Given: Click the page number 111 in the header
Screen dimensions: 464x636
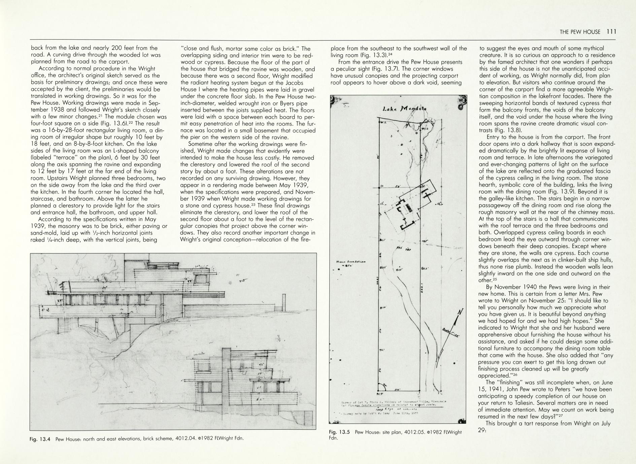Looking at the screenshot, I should [611, 32].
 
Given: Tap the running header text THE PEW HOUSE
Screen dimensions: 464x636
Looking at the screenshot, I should [580, 32].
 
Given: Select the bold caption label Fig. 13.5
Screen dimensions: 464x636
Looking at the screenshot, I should [339, 432].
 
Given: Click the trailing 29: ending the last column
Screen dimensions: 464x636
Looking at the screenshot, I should [482, 430].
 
